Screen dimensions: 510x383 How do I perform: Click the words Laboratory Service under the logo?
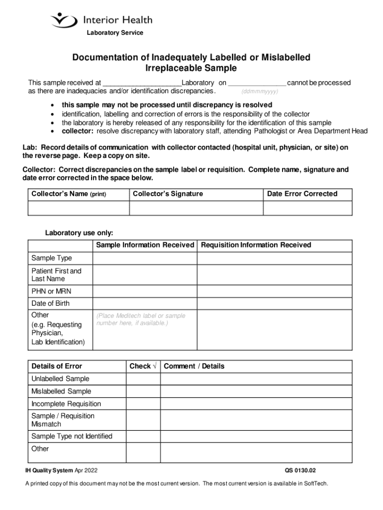[x=115, y=33]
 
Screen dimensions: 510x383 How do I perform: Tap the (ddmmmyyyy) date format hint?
[x=260, y=92]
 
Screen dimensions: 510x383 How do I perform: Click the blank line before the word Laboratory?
[x=141, y=83]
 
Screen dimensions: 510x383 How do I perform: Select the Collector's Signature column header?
[x=168, y=194]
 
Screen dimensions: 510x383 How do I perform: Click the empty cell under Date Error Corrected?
[x=307, y=208]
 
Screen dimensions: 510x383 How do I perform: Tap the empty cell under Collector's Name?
[x=78, y=208]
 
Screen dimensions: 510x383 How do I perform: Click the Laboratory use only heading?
[x=79, y=233]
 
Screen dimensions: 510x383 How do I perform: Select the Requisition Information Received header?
[x=256, y=245]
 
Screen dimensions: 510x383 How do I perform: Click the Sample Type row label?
[x=52, y=258]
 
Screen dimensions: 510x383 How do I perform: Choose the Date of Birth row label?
[x=51, y=303]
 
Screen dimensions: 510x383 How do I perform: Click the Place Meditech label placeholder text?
[x=141, y=319]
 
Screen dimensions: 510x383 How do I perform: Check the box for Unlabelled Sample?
[x=143, y=379]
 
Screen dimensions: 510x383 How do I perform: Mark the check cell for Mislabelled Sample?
[x=143, y=391]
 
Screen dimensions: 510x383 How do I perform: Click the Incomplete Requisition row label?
[x=66, y=403]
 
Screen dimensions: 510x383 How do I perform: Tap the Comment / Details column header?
[x=194, y=366]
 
